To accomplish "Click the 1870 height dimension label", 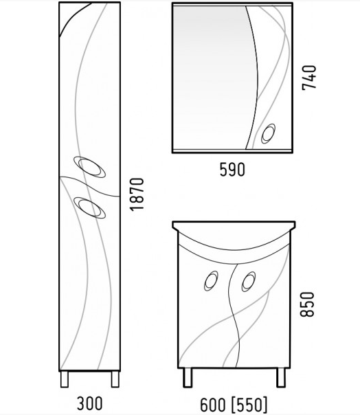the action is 137,194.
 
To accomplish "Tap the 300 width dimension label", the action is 89,403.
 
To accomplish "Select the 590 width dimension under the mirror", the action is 232,170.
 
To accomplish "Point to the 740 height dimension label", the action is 309,78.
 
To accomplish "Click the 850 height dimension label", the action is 307,304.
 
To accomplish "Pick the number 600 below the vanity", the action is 213,405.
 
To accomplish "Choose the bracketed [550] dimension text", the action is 249,405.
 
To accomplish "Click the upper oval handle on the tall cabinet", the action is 90,167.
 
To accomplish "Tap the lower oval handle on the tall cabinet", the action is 90,207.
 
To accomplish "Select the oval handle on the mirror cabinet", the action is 269,134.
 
